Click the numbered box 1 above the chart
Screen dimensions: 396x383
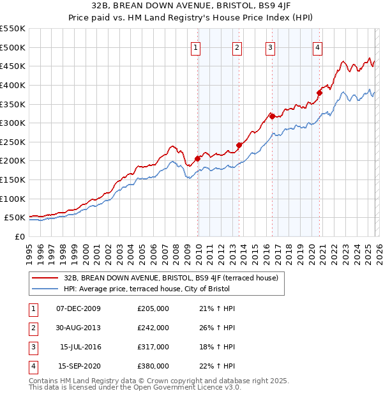click(x=195, y=47)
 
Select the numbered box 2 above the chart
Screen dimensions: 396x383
click(x=237, y=47)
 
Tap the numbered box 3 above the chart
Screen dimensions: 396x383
click(x=270, y=47)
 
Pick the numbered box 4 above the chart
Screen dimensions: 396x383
click(x=317, y=47)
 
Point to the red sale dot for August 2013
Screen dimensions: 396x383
click(x=239, y=145)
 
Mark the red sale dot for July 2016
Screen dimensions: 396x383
click(x=272, y=116)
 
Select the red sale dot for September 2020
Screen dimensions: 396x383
click(x=320, y=93)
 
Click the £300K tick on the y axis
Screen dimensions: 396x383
click(x=13, y=123)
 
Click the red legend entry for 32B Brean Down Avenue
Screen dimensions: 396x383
click(x=170, y=278)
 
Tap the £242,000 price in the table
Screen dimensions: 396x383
click(x=153, y=328)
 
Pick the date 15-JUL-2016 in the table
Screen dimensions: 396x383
click(x=80, y=347)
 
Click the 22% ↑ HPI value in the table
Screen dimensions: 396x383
click(x=216, y=366)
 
